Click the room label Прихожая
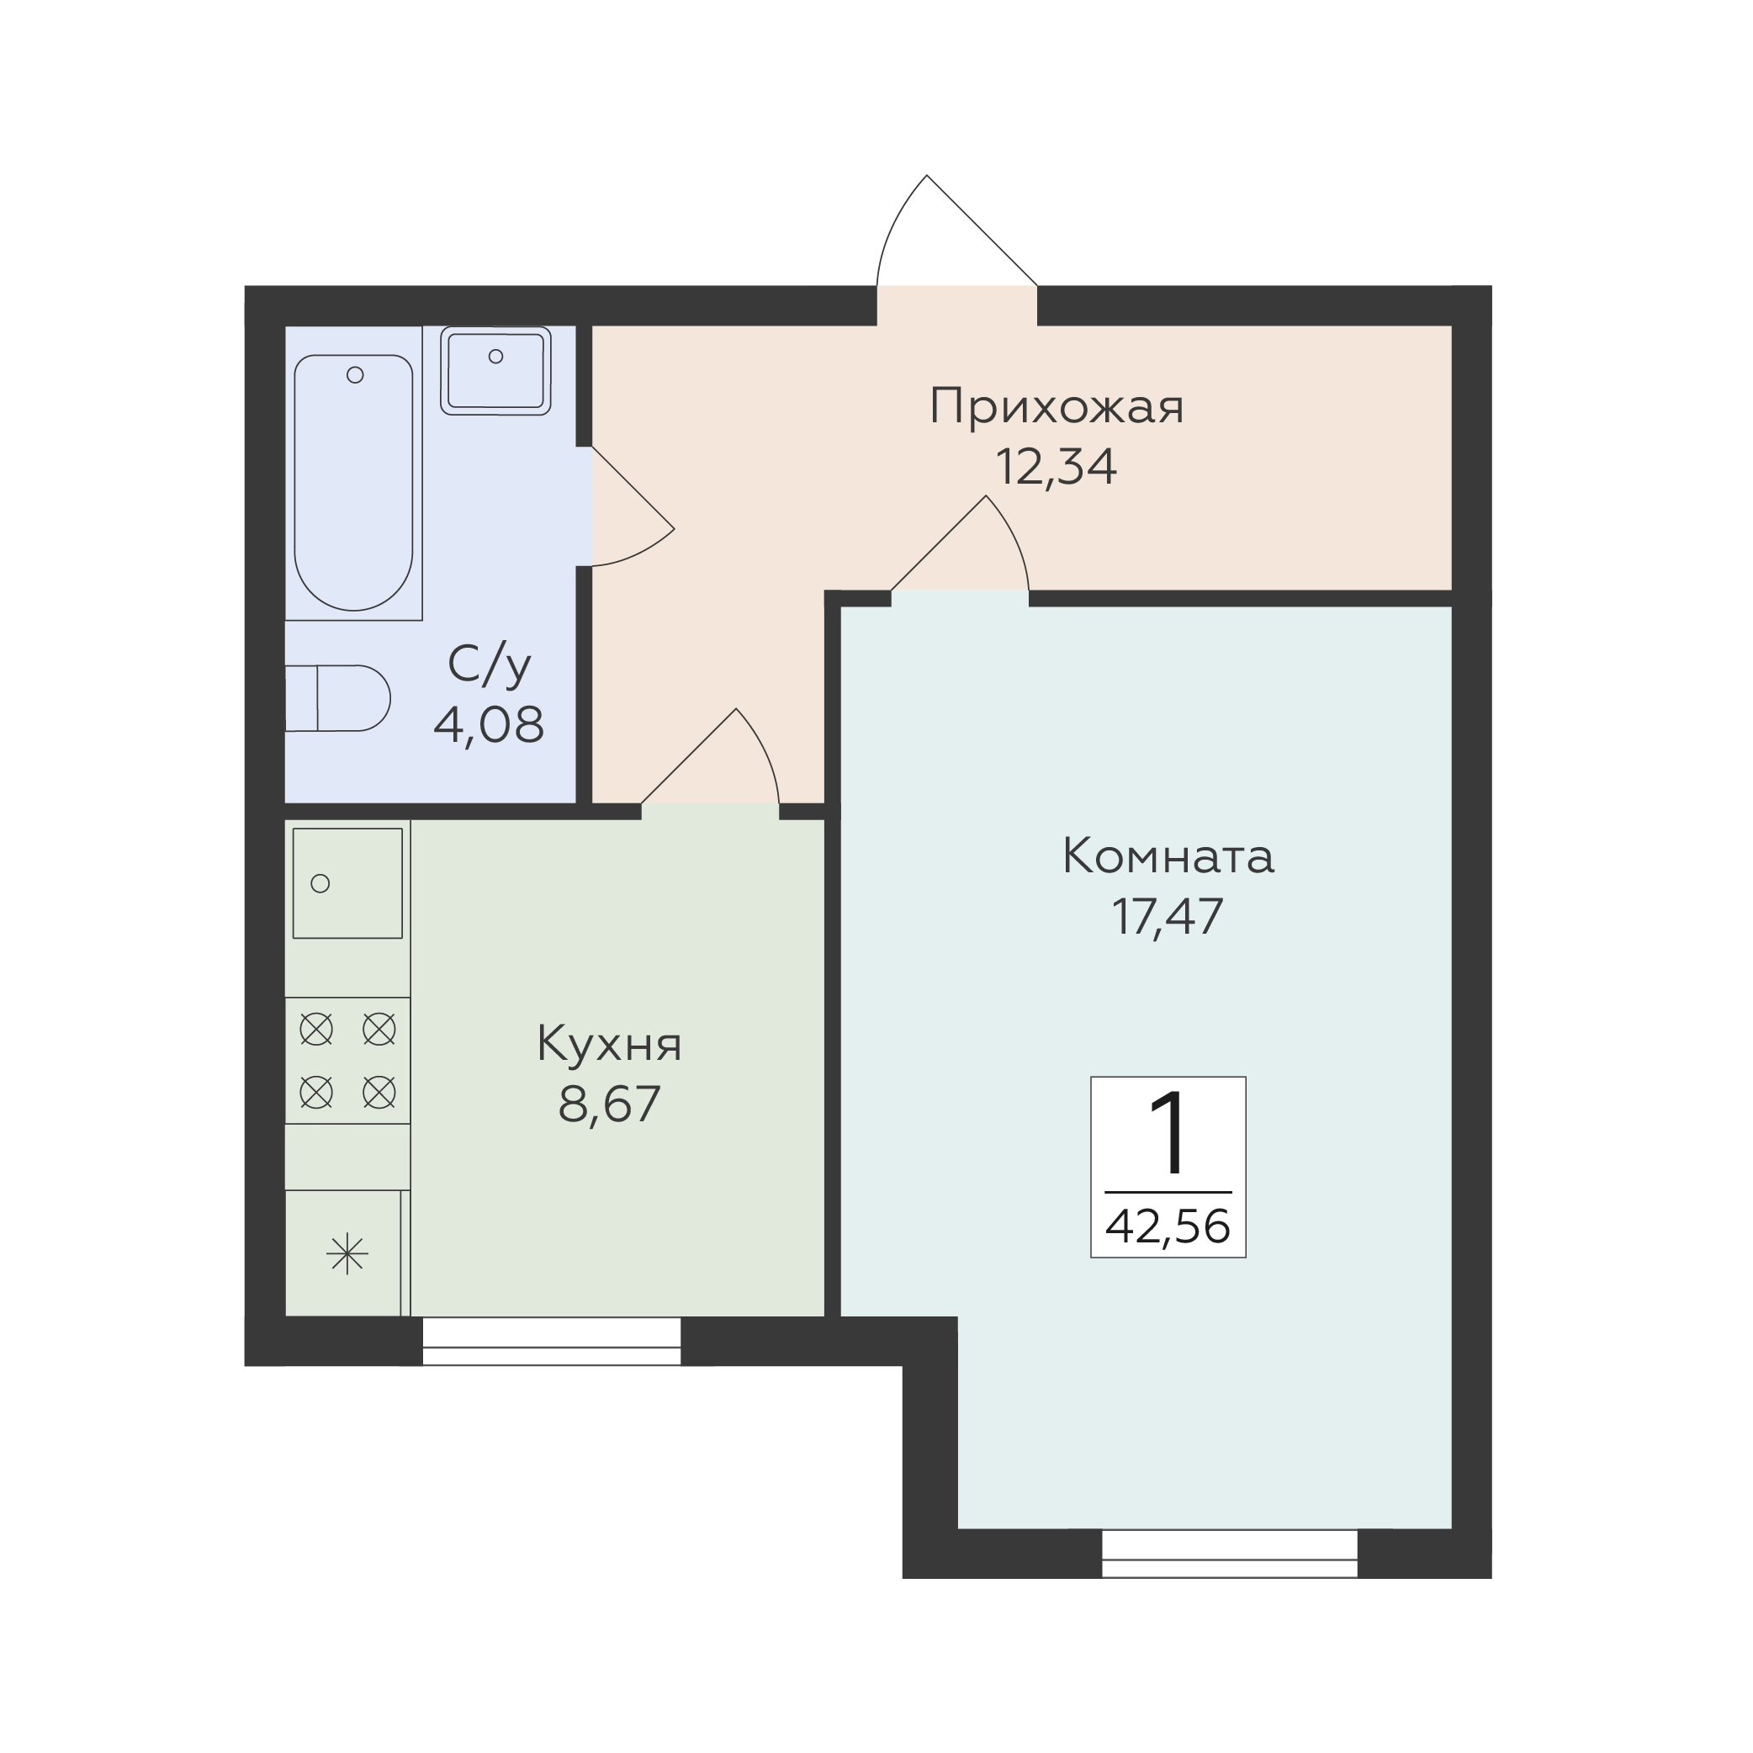[x=1057, y=407]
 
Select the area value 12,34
[x=1057, y=468]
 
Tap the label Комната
[x=1168, y=856]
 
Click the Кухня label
[x=609, y=1046]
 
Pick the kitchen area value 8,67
[x=609, y=1105]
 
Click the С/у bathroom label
[x=489, y=665]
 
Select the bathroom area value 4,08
[x=489, y=725]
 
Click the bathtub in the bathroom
[x=354, y=482]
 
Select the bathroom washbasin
[x=495, y=370]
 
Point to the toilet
[x=337, y=699]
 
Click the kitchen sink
[x=347, y=883]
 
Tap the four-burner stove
[x=347, y=1061]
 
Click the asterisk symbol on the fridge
[x=347, y=1255]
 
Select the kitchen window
[x=552, y=1341]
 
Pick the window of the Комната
[x=1230, y=1554]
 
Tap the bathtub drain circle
[x=356, y=374]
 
